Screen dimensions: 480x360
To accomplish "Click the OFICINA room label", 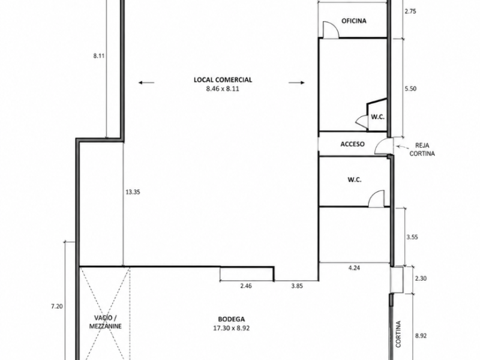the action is (353, 21).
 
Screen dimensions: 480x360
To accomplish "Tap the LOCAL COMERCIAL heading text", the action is (223, 80).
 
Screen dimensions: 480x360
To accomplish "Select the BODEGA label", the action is (232, 319).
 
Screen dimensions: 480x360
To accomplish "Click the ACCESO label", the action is (352, 144).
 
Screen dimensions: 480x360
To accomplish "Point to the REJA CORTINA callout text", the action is (422, 149).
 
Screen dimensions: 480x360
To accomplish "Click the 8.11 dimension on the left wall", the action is (99, 56).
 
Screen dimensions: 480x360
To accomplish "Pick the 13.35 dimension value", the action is (133, 192).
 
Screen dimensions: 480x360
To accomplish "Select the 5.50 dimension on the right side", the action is (410, 89).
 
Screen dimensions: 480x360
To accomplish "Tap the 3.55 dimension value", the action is (412, 237).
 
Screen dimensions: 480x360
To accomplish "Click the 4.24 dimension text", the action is (354, 268).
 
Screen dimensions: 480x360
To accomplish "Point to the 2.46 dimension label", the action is (246, 286).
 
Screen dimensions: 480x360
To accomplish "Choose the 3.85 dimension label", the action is (297, 286).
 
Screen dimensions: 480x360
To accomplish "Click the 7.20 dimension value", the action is (57, 306).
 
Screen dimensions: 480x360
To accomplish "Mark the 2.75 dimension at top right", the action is (410, 11).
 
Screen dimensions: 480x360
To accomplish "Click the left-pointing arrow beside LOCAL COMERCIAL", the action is (146, 82).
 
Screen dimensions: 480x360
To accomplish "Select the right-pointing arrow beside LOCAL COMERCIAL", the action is (296, 82).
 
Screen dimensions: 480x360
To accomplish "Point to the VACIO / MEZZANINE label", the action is (106, 322).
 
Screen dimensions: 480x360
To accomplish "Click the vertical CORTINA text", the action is (398, 334).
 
